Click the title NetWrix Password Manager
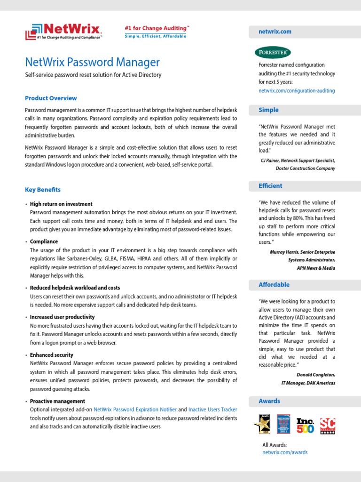click(92, 62)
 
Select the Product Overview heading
click(51, 98)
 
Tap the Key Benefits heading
click(43, 190)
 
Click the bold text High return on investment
click(61, 204)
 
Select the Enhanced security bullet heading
click(52, 355)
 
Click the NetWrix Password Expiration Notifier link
click(135, 410)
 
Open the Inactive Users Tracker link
click(212, 410)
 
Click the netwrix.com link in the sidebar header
click(275, 32)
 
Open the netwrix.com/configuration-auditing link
click(297, 90)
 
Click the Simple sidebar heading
click(268, 110)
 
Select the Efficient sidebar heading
click(270, 186)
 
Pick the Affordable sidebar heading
click(274, 285)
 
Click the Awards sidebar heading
click(269, 401)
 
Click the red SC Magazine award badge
click(328, 425)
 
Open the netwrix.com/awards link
click(285, 452)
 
